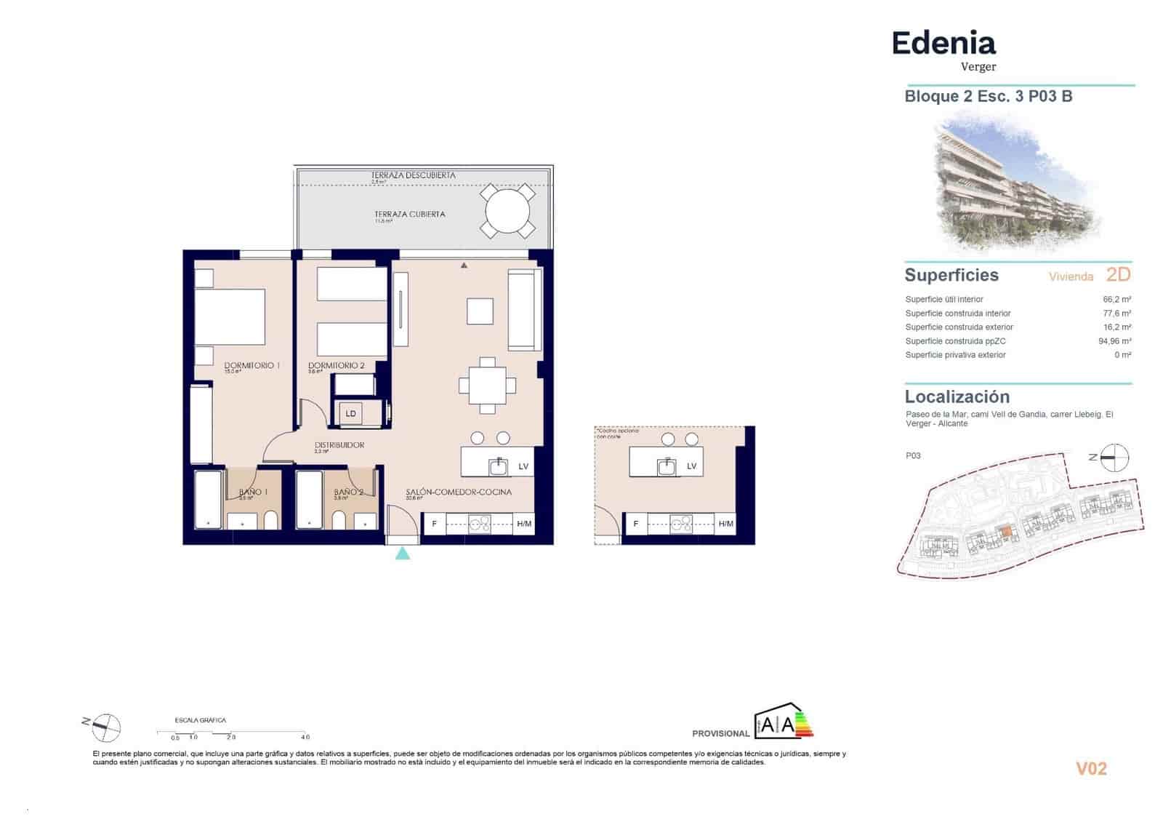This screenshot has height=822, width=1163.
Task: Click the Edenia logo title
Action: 943,44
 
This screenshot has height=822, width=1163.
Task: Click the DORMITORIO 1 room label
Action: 251,365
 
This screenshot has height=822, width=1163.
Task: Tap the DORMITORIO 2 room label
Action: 336,365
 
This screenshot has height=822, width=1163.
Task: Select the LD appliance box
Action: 351,414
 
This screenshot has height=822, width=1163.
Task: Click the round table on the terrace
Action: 507,211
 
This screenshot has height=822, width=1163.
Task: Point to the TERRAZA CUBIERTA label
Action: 409,215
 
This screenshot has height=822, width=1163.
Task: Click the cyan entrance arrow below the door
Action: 402,554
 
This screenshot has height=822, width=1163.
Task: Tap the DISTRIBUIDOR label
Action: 339,445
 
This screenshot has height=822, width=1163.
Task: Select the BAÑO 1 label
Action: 253,492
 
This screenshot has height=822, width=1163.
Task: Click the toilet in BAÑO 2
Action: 338,520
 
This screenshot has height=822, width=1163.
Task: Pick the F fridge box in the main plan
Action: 434,524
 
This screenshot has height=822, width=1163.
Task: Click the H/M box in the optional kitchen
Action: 725,524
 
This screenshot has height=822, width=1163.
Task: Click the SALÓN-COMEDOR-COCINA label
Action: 458,492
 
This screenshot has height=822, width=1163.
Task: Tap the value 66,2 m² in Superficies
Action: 1116,299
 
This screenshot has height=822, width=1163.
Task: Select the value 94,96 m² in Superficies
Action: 1114,341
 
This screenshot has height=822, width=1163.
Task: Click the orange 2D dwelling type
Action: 1118,275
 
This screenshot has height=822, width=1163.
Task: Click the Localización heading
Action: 957,397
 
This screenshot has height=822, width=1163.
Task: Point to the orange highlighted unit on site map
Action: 1005,532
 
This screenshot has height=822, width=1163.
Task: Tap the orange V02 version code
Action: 1091,769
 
